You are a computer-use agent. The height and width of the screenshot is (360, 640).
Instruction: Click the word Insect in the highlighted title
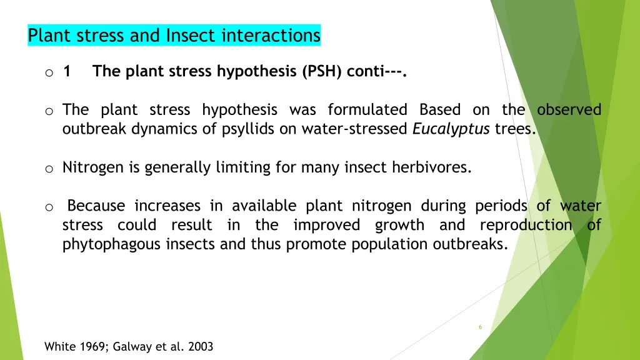187,36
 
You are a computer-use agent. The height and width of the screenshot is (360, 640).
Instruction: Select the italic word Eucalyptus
451,129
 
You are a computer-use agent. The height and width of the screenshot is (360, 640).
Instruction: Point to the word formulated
367,110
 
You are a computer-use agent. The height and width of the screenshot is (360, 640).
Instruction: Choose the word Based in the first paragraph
440,110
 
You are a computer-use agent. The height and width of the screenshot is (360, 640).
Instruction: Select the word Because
96,206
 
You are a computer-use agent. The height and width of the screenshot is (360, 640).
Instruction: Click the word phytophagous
112,244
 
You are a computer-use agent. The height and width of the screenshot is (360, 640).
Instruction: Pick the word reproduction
526,225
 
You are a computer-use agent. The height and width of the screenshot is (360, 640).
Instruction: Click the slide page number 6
480,327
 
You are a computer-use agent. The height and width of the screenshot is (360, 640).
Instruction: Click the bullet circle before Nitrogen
48,169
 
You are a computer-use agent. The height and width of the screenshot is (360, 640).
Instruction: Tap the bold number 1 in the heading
67,72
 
